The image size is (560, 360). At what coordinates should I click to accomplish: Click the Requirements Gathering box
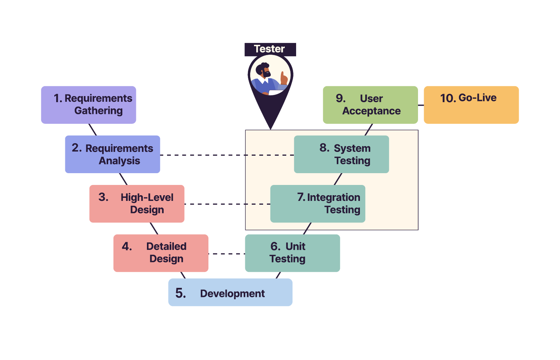tap(88, 105)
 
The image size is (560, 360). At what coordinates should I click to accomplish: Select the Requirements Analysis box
tap(112, 154)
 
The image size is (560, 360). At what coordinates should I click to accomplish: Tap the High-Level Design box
tap(137, 204)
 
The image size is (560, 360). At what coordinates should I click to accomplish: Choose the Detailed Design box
tap(161, 253)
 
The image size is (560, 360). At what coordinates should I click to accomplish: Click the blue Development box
tap(230, 292)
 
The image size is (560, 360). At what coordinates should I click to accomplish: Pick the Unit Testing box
tap(292, 253)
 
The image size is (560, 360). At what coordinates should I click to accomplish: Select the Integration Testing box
tap(318, 204)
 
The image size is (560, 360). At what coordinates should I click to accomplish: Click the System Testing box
tap(341, 154)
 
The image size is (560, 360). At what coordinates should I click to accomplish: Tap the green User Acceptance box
tap(370, 105)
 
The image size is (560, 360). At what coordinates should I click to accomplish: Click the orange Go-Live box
tap(471, 105)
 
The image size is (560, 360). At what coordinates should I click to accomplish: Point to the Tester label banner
tap(270, 49)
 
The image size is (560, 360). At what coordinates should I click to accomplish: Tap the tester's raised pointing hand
tap(284, 78)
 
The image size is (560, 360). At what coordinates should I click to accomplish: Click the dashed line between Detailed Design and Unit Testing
tap(227, 254)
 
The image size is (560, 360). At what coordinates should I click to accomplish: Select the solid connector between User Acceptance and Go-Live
tap(421, 105)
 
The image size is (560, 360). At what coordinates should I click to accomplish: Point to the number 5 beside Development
tap(180, 293)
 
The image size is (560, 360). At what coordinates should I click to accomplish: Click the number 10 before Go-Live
tap(448, 98)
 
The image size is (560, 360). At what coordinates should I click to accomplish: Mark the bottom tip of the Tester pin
tap(270, 128)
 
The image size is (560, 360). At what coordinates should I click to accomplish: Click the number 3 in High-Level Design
tap(103, 197)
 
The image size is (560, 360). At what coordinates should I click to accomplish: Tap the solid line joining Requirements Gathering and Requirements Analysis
tap(93, 129)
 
